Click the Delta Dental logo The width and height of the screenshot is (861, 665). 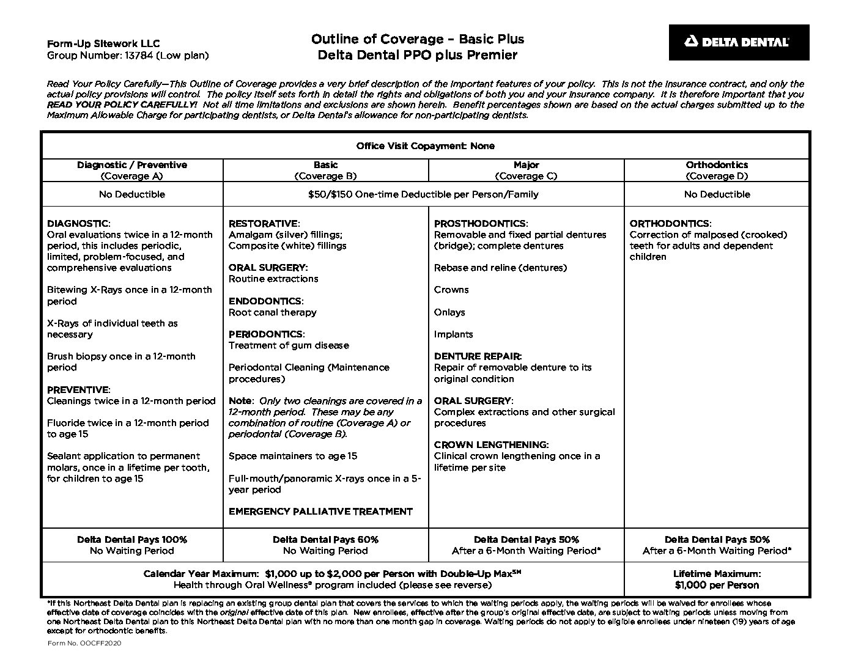738,42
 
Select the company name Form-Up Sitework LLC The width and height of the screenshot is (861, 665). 103,43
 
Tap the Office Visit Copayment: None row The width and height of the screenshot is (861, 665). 425,146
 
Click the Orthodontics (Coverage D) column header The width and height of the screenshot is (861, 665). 716,171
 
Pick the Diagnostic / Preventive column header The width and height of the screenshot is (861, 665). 132,171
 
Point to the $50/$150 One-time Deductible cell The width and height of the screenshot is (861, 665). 423,194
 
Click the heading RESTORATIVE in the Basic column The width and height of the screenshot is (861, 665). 263,224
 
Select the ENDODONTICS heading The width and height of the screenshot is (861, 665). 265,301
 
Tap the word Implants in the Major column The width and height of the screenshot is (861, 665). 453,334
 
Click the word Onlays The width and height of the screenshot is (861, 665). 449,312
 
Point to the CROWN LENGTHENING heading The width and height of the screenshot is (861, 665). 490,445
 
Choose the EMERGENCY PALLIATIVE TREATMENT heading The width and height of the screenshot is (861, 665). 320,512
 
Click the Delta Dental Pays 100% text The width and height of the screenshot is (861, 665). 132,540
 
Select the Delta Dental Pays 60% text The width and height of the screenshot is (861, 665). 325,540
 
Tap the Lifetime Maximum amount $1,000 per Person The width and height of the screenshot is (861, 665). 717,585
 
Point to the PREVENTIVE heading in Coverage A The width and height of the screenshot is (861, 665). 78,390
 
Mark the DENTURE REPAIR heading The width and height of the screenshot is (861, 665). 477,356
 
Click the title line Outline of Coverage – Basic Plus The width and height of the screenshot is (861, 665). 417,39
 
